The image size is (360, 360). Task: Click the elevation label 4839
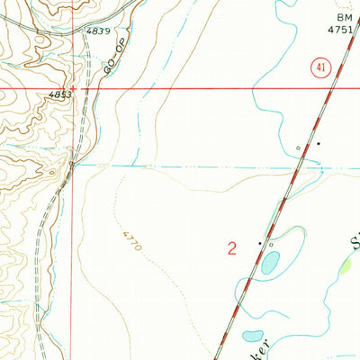pos(99,31)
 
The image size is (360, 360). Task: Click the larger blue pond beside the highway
pos(270,262)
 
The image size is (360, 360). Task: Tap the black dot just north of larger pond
pos(261,243)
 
